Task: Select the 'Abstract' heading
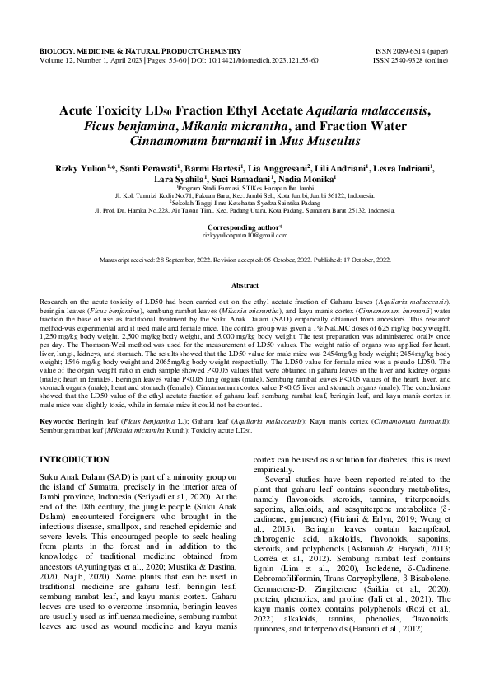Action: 245,285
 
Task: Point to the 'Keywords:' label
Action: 56,421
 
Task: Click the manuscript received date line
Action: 245,259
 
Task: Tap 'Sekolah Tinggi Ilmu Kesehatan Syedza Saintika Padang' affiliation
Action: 245,204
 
